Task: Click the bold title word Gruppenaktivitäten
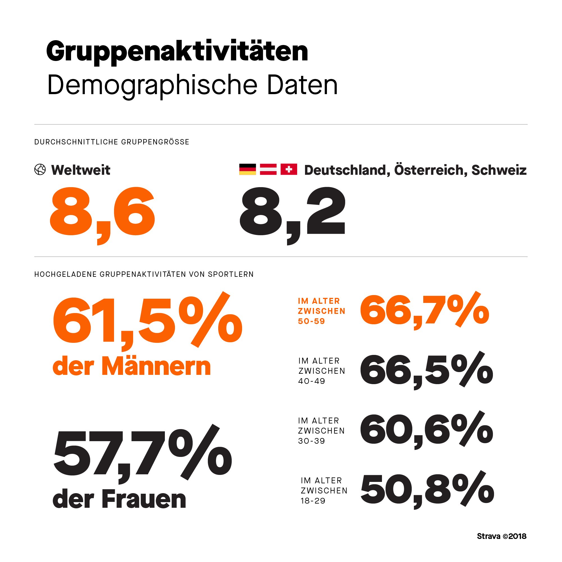click(177, 52)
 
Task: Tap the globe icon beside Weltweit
click(40, 169)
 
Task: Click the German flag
click(247, 169)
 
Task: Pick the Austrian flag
click(268, 169)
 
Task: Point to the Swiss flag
click(288, 169)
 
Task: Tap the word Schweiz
click(499, 170)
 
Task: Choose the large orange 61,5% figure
click(147, 320)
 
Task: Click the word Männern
click(156, 367)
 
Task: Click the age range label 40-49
click(311, 381)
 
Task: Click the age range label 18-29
click(313, 501)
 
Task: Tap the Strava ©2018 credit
click(502, 536)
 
